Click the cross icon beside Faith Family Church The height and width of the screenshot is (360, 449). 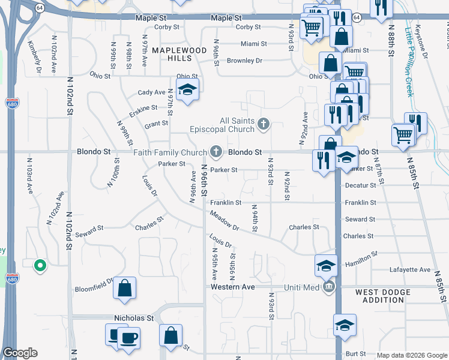coord(216,152)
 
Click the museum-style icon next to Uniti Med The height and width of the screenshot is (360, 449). coord(328,287)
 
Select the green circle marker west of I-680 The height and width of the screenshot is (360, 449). coord(40,264)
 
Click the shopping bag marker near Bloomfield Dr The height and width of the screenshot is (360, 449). coord(124,287)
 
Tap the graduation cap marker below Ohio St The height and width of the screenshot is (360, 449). coord(187,91)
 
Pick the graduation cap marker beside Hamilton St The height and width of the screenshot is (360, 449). coord(325,265)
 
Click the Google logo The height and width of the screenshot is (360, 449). coord(20,353)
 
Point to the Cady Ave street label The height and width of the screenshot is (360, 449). coord(151,92)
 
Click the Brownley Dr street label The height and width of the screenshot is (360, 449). coord(245,61)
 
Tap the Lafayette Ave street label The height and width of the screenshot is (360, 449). coord(410,270)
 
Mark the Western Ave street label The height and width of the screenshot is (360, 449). coord(234,287)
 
